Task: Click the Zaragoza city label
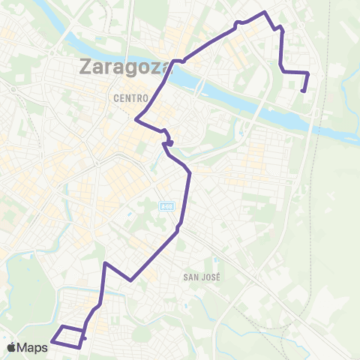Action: click(x=125, y=67)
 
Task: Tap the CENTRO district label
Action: click(x=129, y=97)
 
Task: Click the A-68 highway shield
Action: click(x=167, y=205)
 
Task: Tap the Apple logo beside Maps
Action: click(x=12, y=348)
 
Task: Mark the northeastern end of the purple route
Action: click(x=304, y=91)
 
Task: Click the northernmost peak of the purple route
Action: click(x=265, y=12)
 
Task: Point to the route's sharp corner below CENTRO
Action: click(x=135, y=118)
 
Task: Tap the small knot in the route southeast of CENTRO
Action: click(x=170, y=142)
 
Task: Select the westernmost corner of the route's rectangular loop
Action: click(x=51, y=343)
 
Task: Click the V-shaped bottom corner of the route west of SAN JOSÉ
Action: click(x=131, y=280)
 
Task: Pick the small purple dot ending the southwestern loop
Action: click(x=85, y=338)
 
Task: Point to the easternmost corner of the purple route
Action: click(x=308, y=73)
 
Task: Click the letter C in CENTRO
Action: click(x=117, y=97)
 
